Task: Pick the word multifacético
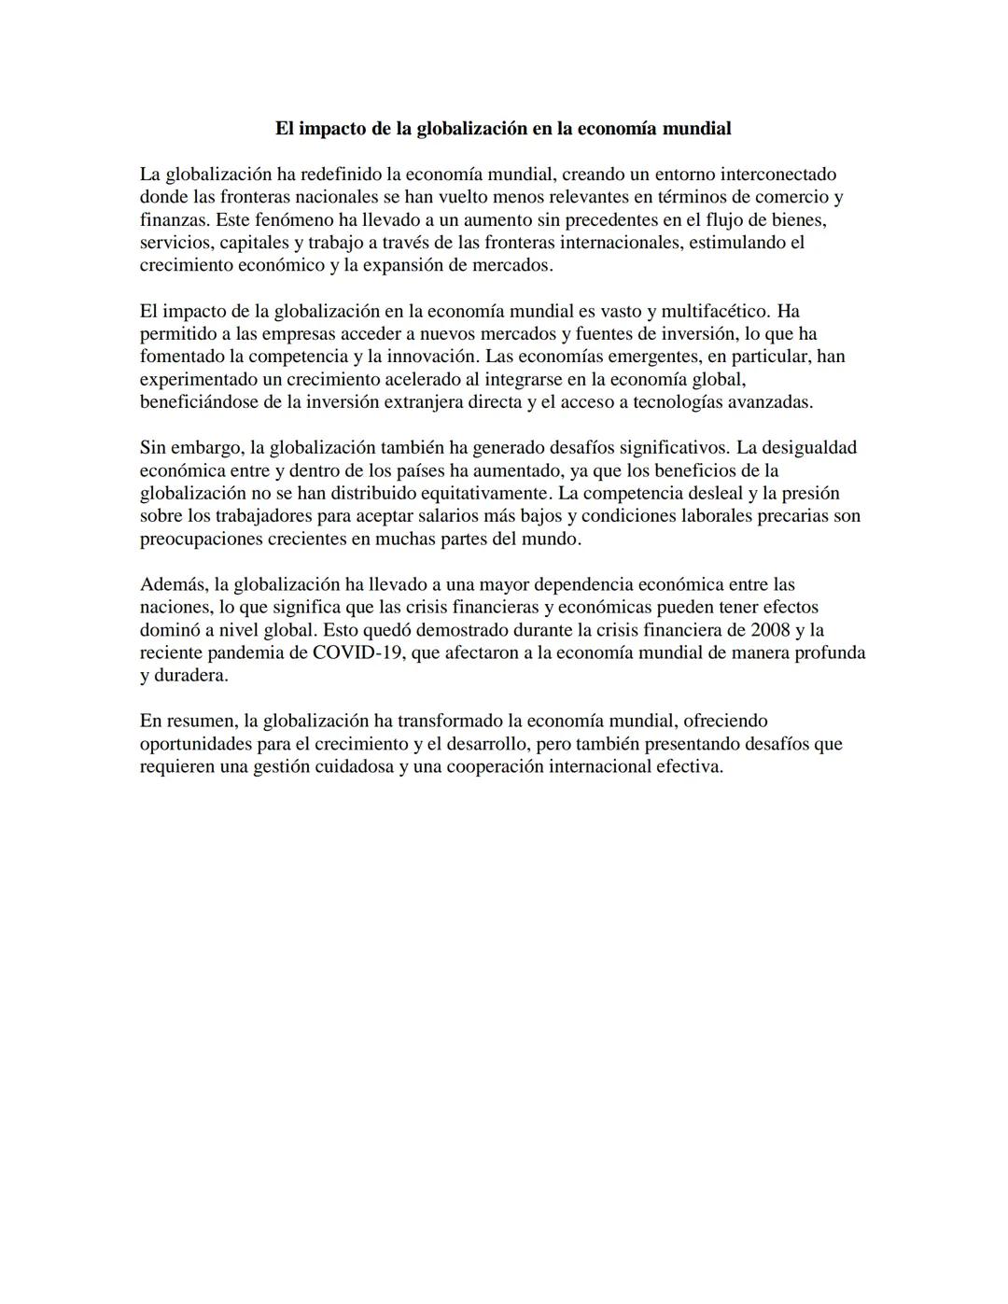pos(715,311)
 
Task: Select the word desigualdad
pos(810,448)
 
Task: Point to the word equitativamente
pos(483,493)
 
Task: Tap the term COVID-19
pos(357,652)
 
